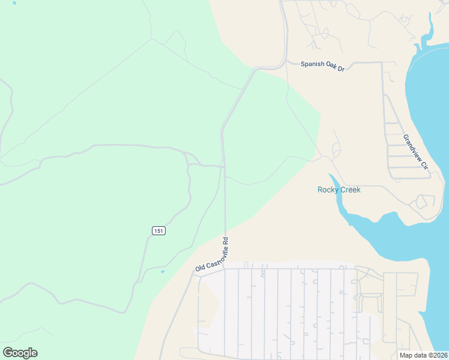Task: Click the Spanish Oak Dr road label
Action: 323,66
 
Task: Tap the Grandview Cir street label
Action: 415,152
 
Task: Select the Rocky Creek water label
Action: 339,190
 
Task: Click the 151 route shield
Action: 158,230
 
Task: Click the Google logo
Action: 20,353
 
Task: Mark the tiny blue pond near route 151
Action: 162,271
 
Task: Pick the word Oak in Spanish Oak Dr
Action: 331,67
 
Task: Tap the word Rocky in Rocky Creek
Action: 327,190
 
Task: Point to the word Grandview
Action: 412,148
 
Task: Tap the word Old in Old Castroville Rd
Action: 199,268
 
